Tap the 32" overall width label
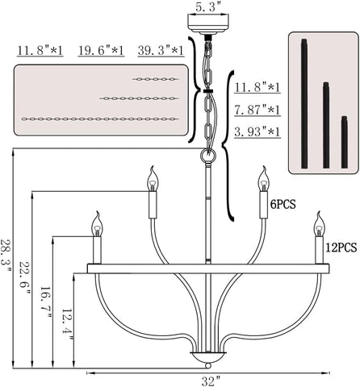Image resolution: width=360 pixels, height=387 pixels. pos(211,381)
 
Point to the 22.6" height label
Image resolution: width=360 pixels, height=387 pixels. pos(25,278)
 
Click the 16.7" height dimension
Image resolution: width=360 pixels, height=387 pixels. pos(45,302)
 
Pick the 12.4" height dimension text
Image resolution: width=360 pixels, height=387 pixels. pos(67,325)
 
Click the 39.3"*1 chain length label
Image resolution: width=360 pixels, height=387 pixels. pos(161,51)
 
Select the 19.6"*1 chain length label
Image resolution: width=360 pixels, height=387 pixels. pos(101,51)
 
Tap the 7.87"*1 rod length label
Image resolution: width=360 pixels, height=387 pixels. pos(257,110)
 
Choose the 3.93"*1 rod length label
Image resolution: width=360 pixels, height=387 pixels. pos(257,131)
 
